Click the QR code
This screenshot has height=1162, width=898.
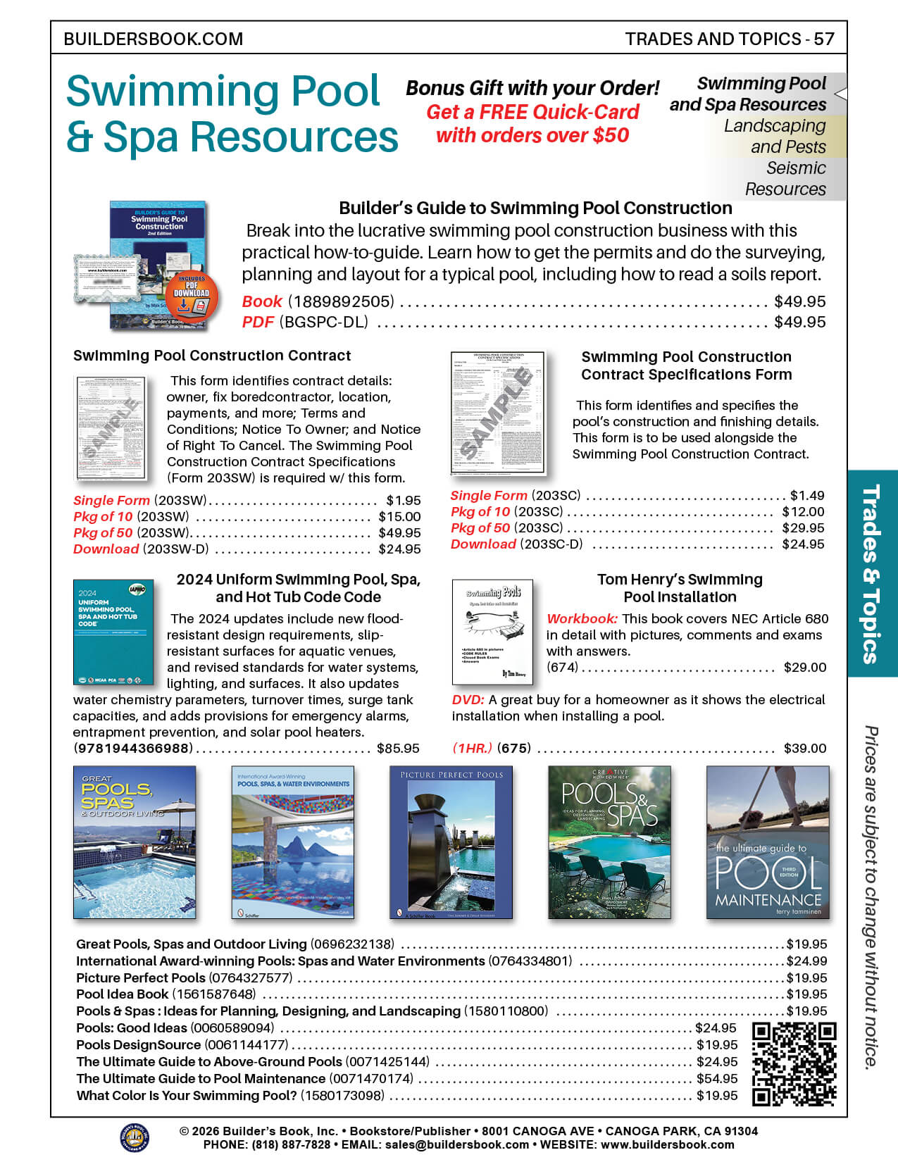coord(794,1063)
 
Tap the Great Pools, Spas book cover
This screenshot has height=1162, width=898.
coord(135,842)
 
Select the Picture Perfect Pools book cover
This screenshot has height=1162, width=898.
coord(451,842)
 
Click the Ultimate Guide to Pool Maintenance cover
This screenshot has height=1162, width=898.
coord(768,842)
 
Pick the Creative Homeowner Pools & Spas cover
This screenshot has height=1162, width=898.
coord(609,842)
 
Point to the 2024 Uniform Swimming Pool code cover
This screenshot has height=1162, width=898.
coord(113,632)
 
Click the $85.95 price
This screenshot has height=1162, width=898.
coord(398,749)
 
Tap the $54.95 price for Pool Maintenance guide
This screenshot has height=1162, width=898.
coord(717,1078)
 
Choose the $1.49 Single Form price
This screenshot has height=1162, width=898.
coord(807,496)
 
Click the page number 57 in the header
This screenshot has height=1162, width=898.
coord(824,39)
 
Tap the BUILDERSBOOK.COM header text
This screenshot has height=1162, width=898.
coord(154,39)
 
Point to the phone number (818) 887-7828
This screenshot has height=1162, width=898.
coord(291,1145)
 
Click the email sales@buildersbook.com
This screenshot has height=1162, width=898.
coord(457,1145)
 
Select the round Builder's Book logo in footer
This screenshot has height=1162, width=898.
coord(135,1137)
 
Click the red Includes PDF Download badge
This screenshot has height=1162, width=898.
coord(192,295)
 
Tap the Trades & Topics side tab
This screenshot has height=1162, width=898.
coord(872,573)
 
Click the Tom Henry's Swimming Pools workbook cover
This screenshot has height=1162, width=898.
coord(492,631)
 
